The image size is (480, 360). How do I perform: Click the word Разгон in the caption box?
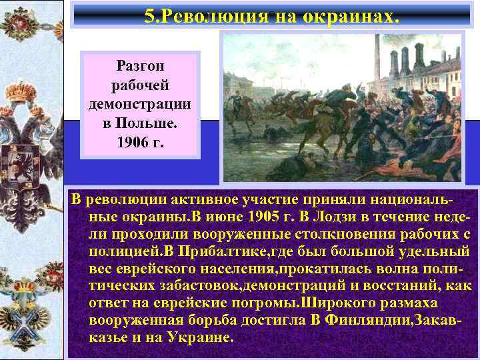pyautogui.click(x=139, y=66)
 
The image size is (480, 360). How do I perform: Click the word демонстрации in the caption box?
pyautogui.click(x=139, y=105)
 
